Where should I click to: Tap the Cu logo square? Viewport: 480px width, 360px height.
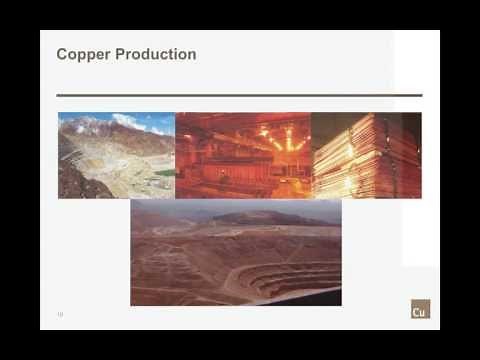tap(420, 309)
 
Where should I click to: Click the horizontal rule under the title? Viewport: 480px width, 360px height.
tap(239, 95)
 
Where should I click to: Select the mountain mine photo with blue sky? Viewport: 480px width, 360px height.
tap(116, 155)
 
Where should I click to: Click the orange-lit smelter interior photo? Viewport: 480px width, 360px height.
tap(243, 155)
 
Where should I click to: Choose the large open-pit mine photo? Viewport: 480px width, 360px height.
tap(236, 252)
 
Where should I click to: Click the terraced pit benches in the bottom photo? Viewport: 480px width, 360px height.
tap(290, 275)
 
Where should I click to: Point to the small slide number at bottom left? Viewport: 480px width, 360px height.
tap(60, 314)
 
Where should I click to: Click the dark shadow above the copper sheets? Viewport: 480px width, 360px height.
tap(330, 125)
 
